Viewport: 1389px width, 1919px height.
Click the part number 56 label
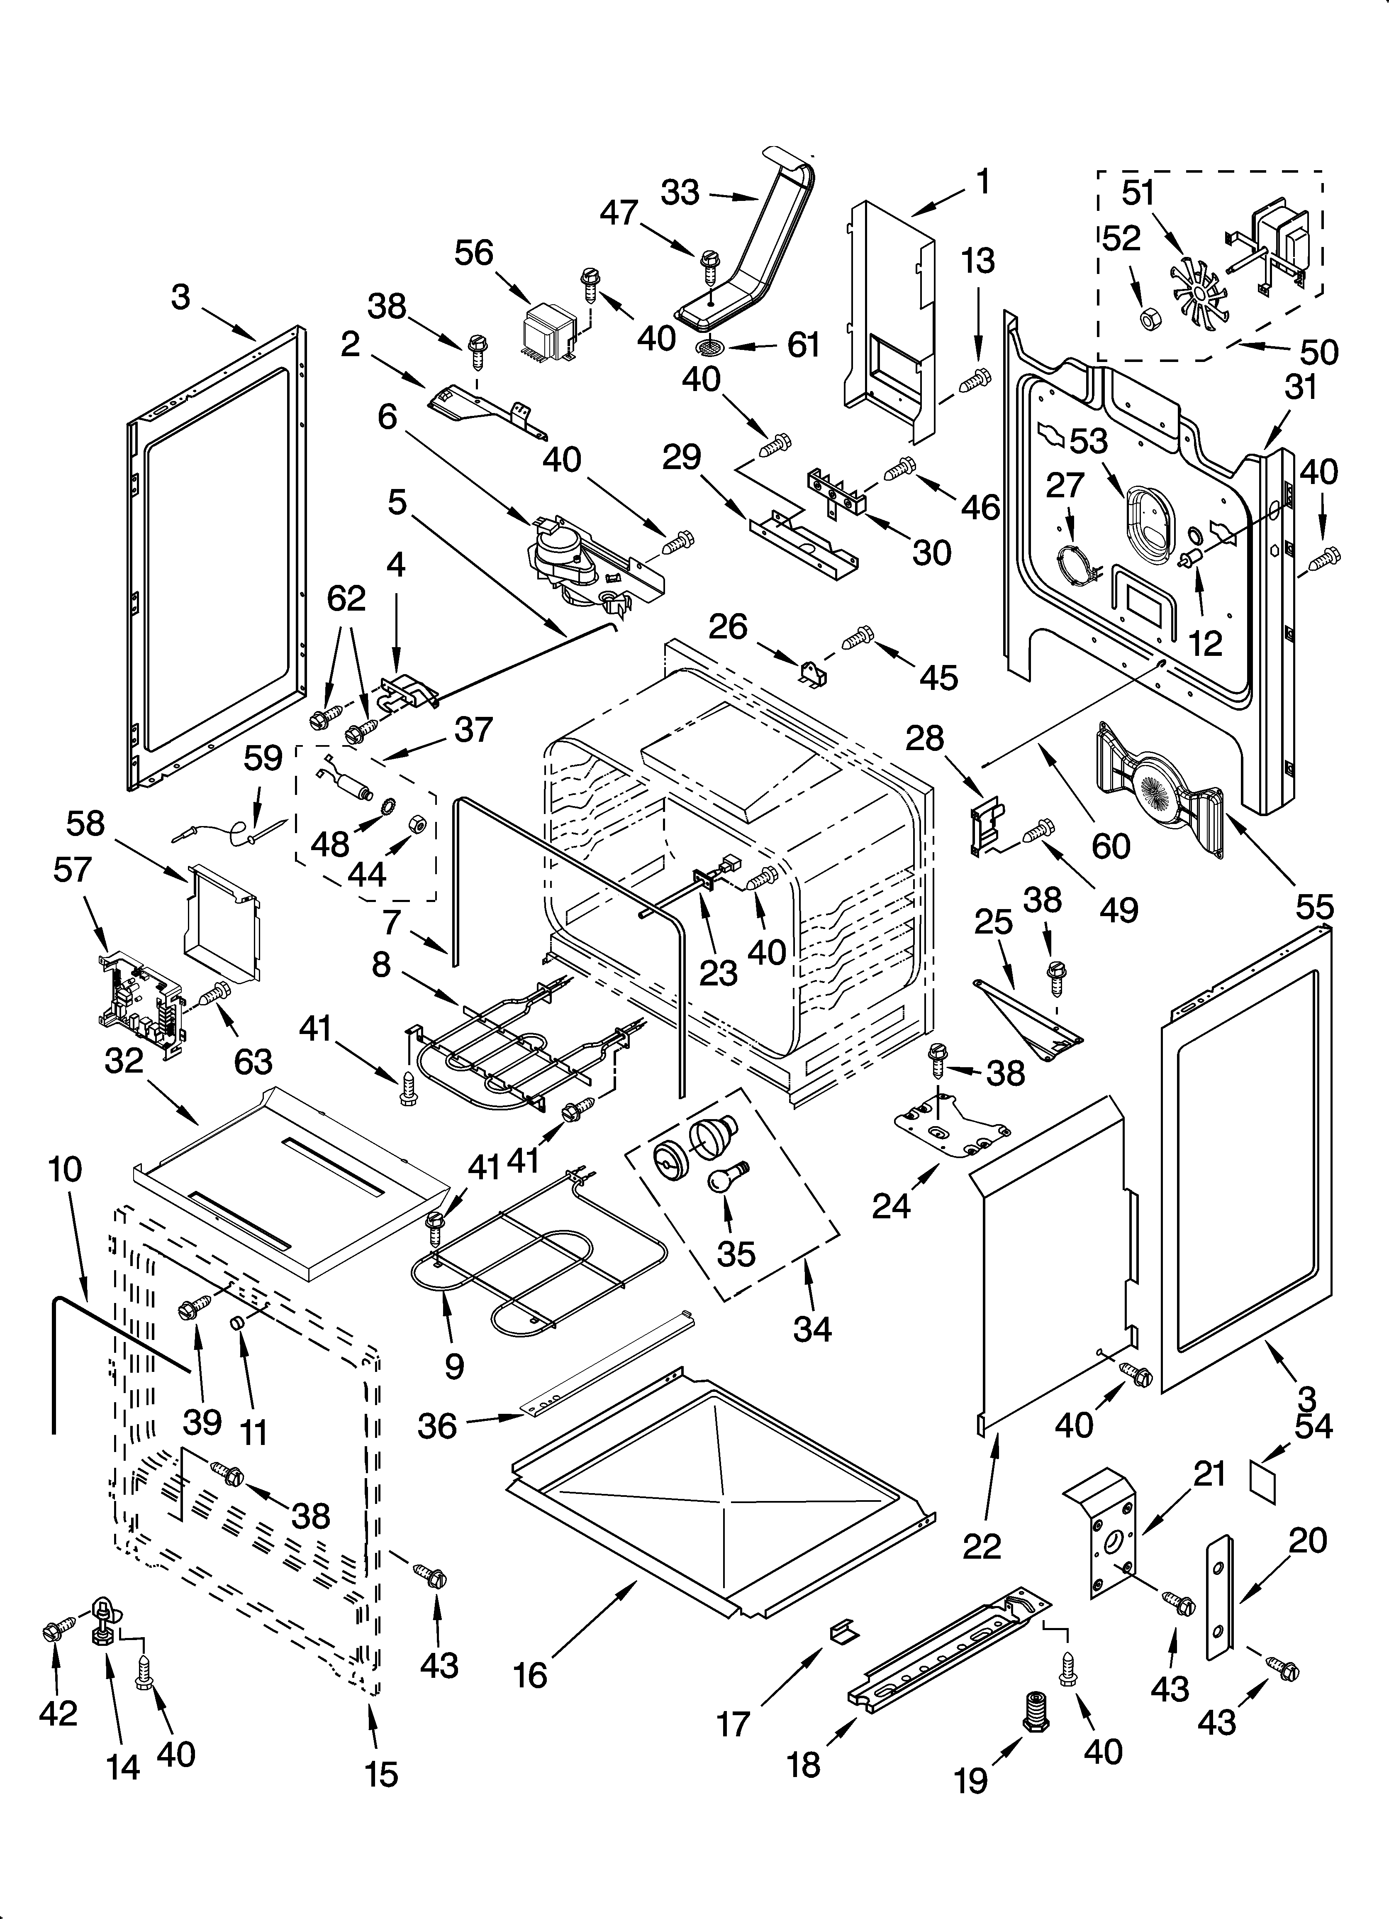tap(474, 253)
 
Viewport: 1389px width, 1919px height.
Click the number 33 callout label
tap(680, 193)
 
